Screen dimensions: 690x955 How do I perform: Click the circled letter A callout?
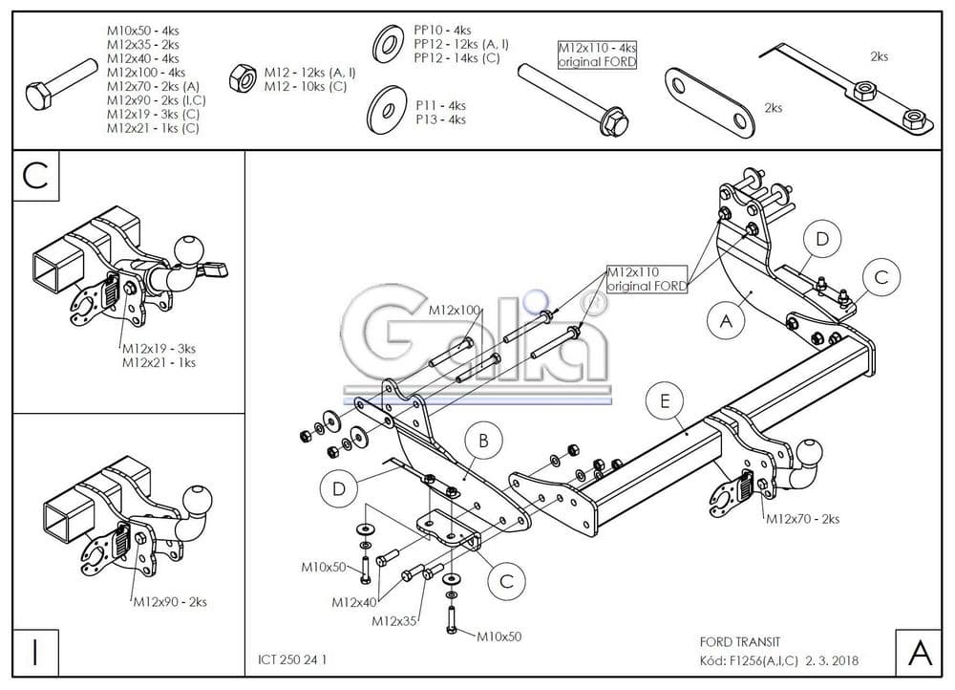727,322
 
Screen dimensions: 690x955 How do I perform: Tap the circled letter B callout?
483,441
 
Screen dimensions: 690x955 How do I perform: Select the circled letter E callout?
665,401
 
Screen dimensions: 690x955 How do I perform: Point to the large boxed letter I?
35,653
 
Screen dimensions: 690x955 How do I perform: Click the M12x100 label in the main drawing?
454,311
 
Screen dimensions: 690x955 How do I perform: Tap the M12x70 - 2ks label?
802,519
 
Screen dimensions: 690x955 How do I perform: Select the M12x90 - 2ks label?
170,601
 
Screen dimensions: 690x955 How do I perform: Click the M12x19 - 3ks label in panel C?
159,349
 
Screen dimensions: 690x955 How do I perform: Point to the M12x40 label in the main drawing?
353,602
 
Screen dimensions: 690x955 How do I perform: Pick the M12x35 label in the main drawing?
393,621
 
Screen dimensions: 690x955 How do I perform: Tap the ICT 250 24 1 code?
298,658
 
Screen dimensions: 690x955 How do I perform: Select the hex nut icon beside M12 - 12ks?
242,74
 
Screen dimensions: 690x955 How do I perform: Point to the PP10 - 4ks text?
442,31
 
